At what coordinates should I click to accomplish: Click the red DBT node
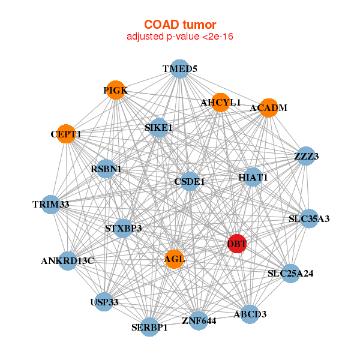(237, 244)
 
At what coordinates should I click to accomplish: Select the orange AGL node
(174, 259)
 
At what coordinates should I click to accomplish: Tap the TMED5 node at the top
(179, 69)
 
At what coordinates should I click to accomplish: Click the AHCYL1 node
(221, 103)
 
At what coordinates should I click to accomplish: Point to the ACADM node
(268, 108)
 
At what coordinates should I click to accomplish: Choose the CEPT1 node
(66, 134)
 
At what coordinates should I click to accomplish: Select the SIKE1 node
(158, 128)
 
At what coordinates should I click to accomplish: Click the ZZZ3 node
(306, 157)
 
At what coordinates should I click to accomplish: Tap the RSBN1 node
(106, 169)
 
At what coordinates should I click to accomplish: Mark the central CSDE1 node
(190, 181)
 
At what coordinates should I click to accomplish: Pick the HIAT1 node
(253, 178)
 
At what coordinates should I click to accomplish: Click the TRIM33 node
(51, 205)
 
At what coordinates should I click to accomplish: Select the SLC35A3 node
(308, 218)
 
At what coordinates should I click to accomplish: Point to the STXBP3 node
(123, 228)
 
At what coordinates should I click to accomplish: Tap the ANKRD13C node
(68, 261)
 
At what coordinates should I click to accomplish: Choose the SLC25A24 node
(290, 274)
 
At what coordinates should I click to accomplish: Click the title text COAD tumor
(179, 25)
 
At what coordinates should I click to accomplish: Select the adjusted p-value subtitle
(179, 37)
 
